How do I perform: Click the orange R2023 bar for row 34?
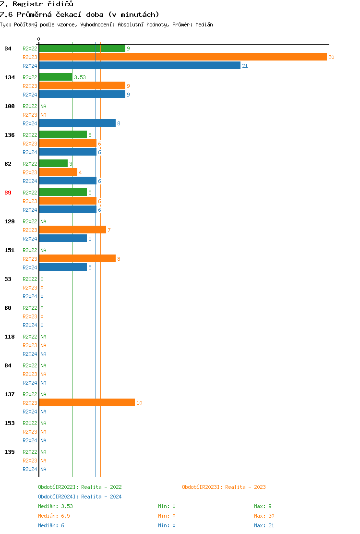(182, 57)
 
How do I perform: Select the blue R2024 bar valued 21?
(139, 65)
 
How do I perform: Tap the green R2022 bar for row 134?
(55, 77)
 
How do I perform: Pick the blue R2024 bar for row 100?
(77, 123)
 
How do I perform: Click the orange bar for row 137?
(86, 402)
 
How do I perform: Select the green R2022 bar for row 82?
(53, 163)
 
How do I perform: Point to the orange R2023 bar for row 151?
(77, 258)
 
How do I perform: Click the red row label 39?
(8, 193)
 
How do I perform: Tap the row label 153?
(10, 423)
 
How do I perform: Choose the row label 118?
(10, 337)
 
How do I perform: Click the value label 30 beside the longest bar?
(331, 57)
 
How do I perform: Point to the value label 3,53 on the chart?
(80, 77)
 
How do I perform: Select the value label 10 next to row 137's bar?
(139, 403)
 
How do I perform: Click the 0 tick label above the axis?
(39, 39)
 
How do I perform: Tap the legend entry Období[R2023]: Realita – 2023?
(224, 487)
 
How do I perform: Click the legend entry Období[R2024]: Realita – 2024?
(80, 497)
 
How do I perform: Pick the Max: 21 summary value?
(264, 525)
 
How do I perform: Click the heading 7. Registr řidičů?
(36, 4)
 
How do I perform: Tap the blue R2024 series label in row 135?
(30, 469)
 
